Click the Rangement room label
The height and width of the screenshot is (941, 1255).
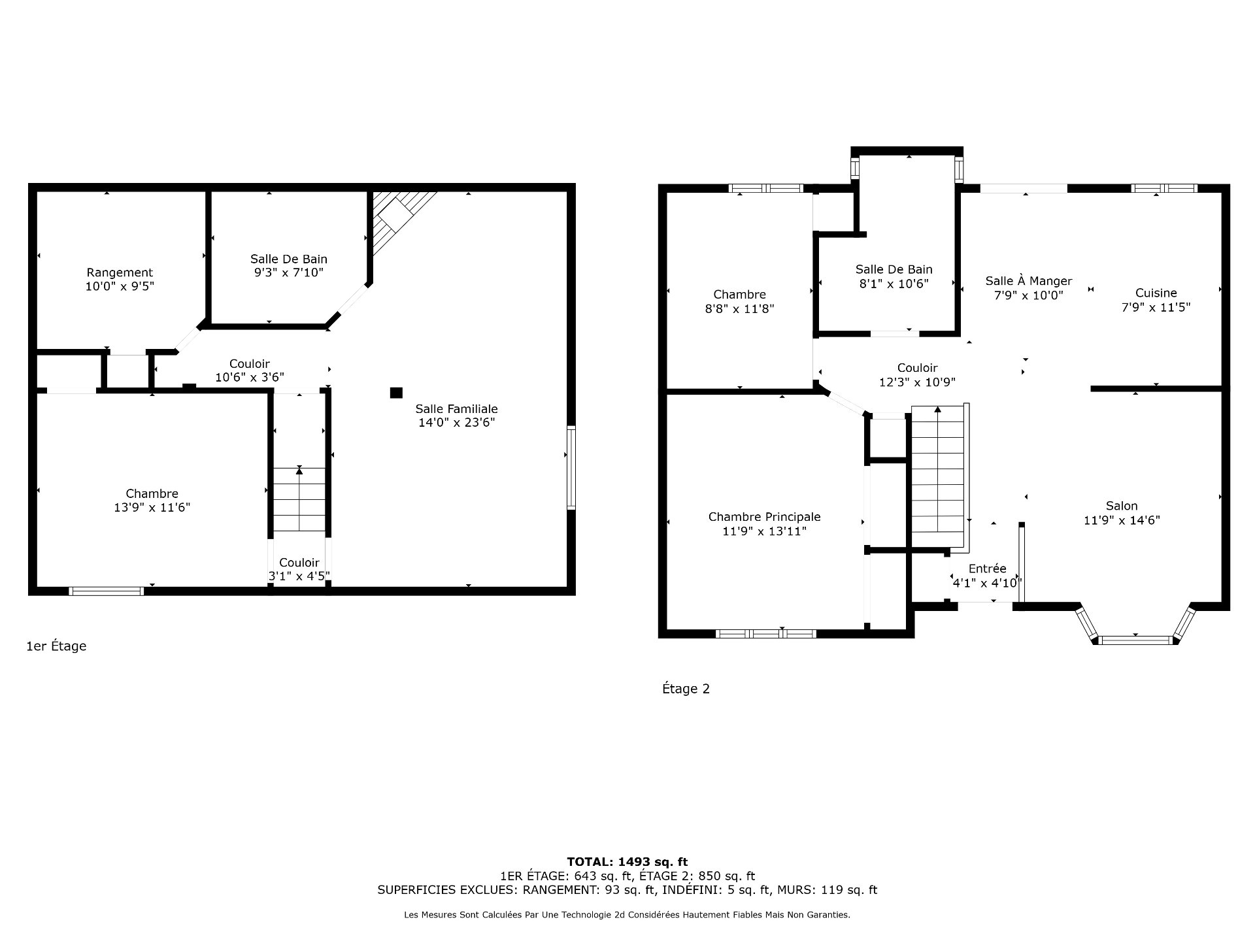tap(120, 272)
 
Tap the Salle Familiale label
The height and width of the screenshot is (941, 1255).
tap(456, 409)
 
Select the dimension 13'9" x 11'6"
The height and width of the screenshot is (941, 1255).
tap(152, 508)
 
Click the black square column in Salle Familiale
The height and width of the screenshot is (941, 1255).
tap(396, 393)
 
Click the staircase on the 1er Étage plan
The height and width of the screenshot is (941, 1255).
tap(299, 499)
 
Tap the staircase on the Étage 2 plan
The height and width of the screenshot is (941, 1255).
tap(938, 476)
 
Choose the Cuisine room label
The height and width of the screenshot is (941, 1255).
tap(1156, 293)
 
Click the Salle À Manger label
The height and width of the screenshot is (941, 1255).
tap(1029, 281)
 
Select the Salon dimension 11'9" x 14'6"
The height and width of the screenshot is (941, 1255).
tap(1122, 521)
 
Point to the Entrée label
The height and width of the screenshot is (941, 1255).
tap(987, 569)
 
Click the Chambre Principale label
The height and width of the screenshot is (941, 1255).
tap(764, 517)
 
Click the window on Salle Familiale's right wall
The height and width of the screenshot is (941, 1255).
tap(571, 467)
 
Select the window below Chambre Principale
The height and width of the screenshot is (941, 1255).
tap(766, 633)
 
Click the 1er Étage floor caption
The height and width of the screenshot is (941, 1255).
tap(56, 646)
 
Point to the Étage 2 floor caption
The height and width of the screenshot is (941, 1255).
tap(686, 689)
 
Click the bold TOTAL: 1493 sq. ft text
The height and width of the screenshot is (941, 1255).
tap(627, 862)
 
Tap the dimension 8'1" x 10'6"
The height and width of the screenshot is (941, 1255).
tap(894, 284)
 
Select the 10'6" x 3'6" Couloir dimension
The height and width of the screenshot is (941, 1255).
tap(250, 378)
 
